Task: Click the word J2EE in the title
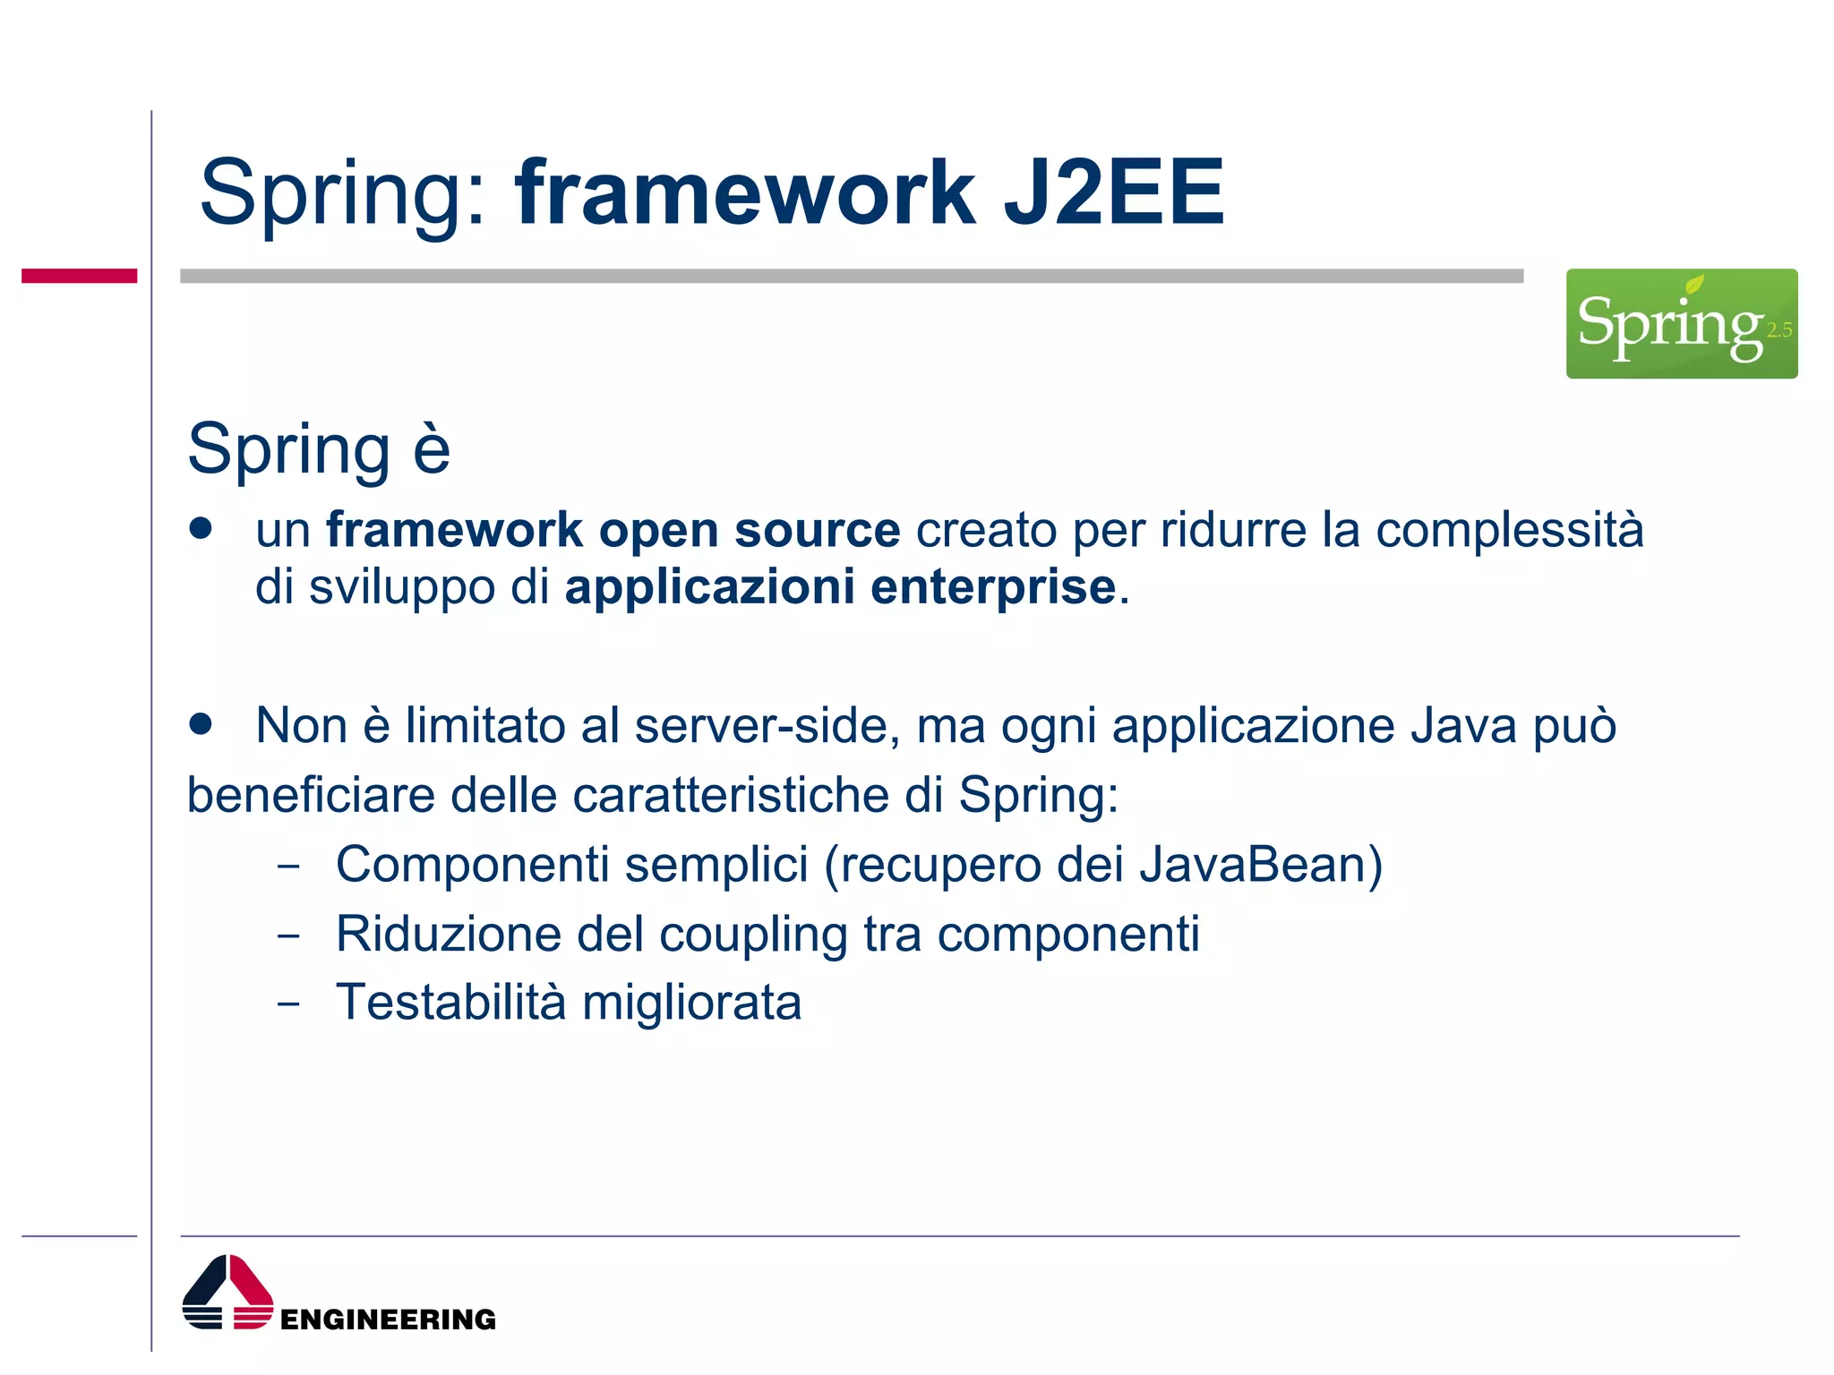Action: coord(1113,192)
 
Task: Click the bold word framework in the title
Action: coord(745,192)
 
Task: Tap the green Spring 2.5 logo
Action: coord(1681,323)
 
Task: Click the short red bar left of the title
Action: coord(79,276)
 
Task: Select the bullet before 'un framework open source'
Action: coord(201,528)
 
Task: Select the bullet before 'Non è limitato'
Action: coord(201,723)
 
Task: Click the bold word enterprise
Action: coord(992,588)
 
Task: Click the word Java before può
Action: coord(1463,725)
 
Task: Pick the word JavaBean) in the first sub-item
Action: coord(1261,865)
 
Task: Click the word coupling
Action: coord(753,935)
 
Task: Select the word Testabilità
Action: coord(450,1002)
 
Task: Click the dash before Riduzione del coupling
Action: coord(288,935)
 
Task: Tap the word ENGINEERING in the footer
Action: coord(388,1319)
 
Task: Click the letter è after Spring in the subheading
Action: coord(431,449)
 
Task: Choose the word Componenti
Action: coord(471,865)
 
